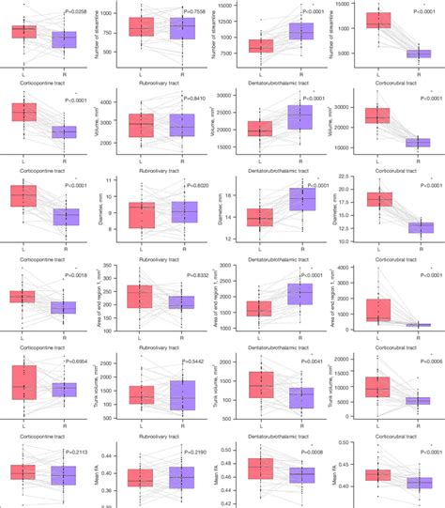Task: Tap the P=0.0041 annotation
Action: coord(300,361)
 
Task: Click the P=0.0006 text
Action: coord(410,361)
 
